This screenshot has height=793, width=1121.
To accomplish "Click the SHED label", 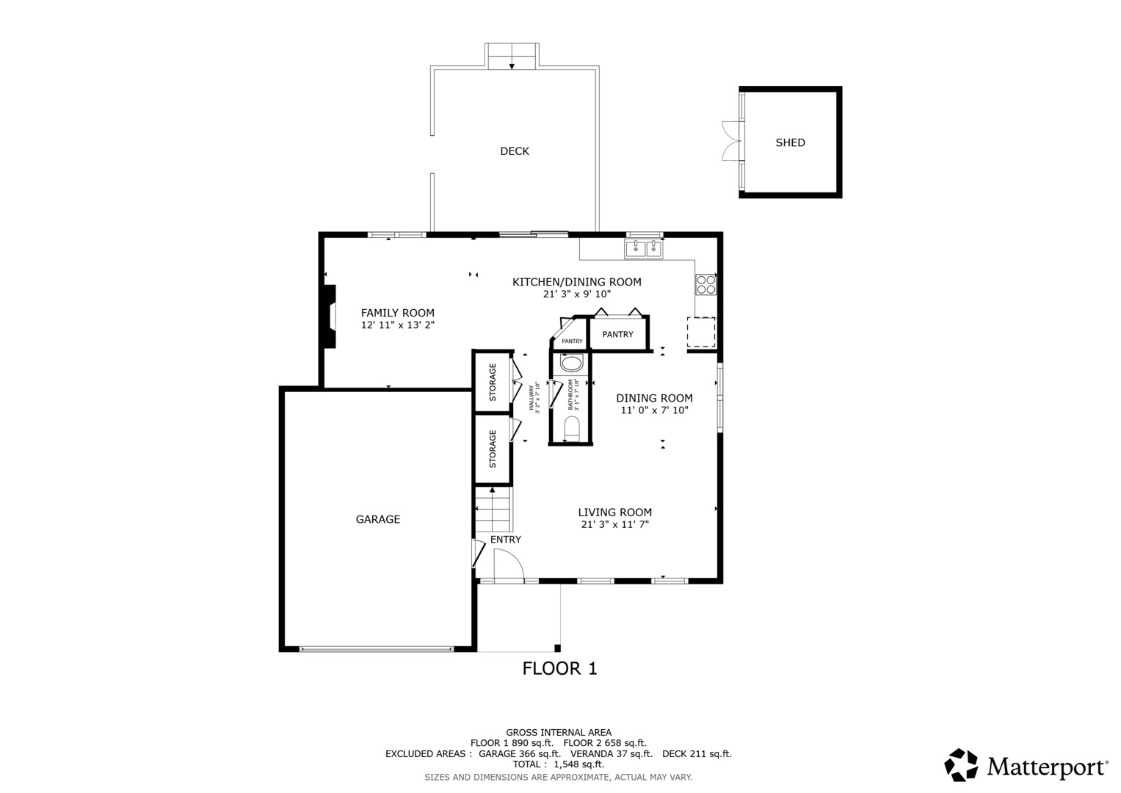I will [790, 142].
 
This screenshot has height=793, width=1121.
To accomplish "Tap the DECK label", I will [514, 151].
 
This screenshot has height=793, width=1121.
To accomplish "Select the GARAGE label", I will [377, 519].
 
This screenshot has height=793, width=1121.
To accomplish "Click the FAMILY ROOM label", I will [397, 313].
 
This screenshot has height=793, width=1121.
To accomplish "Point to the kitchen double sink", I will [644, 250].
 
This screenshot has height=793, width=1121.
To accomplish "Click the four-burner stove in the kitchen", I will [705, 284].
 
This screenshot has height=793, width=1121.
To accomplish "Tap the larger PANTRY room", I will [617, 334].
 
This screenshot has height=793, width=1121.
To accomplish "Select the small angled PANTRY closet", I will [571, 338].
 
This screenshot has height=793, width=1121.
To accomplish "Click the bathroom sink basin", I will [571, 363].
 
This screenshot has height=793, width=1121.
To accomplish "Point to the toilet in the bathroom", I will [571, 428].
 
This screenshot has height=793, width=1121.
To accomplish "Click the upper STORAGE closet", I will [493, 382].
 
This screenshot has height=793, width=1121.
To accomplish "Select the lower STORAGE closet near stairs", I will [493, 449].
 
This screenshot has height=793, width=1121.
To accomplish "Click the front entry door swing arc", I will [508, 564].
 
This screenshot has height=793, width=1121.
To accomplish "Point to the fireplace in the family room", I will [330, 316].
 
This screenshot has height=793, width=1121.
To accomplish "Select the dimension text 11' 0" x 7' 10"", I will [654, 410].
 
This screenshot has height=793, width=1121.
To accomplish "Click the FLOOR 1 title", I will [559, 668].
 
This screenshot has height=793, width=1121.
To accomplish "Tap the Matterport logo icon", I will [960, 765].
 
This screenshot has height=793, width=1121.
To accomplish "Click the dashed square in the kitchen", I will [700, 332].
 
